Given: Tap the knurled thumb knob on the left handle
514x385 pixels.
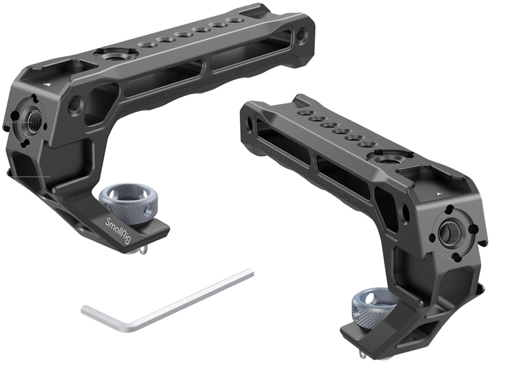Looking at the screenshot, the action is pyautogui.click(x=128, y=201).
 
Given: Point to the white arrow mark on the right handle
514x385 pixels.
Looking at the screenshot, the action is pyautogui.click(x=440, y=194).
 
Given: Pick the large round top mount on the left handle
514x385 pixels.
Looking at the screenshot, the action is pyautogui.click(x=115, y=55).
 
